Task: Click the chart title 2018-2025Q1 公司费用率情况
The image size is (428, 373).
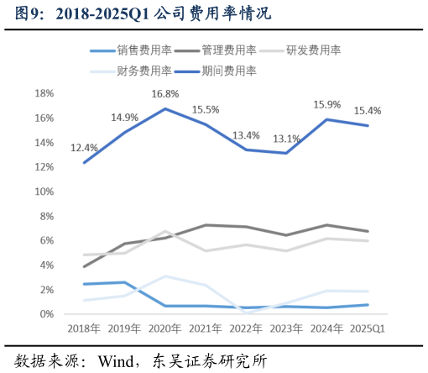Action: (x=144, y=15)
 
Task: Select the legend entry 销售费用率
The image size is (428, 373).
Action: (x=144, y=50)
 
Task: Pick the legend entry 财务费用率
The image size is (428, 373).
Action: (x=144, y=71)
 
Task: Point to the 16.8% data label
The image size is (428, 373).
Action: (x=165, y=94)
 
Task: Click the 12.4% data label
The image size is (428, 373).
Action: (x=84, y=148)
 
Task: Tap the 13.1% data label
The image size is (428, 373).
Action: (x=287, y=139)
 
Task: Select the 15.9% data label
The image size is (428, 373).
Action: (x=327, y=105)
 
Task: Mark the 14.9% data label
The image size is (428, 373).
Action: (x=124, y=118)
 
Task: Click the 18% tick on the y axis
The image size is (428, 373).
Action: (x=44, y=93)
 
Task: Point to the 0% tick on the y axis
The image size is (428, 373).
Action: (x=47, y=314)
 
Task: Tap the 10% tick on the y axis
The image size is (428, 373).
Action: (x=44, y=192)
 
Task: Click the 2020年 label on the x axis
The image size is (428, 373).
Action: (x=165, y=328)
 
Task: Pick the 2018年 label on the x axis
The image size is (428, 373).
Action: (x=84, y=328)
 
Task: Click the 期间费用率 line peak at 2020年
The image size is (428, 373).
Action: (x=165, y=108)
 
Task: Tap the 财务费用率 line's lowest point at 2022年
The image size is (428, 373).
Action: (x=246, y=312)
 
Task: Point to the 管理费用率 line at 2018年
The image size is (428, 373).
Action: (x=84, y=266)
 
